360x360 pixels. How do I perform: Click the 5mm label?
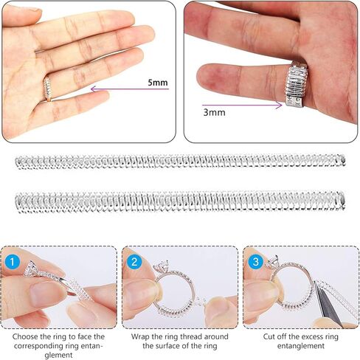tap(158, 83)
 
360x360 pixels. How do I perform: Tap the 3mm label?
tap(214, 112)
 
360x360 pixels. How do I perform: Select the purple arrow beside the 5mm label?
tap(130, 89)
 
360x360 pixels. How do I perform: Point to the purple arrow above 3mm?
tap(242, 105)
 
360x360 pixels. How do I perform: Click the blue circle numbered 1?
tap(12, 262)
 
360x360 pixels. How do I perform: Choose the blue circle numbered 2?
tap(134, 262)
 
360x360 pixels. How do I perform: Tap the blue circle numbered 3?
tap(256, 262)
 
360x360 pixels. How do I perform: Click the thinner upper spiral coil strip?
tap(180, 162)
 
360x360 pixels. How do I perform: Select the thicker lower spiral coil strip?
tap(180, 201)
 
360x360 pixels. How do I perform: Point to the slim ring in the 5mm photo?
tap(47, 89)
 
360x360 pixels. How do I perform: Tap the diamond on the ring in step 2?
tap(161, 266)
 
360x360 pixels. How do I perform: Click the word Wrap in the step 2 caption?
tap(139, 336)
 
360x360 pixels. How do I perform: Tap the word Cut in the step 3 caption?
tap(269, 336)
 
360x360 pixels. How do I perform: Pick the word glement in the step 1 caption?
tap(59, 355)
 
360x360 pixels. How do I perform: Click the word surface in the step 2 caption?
tap(176, 346)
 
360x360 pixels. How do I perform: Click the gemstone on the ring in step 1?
tap(31, 268)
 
